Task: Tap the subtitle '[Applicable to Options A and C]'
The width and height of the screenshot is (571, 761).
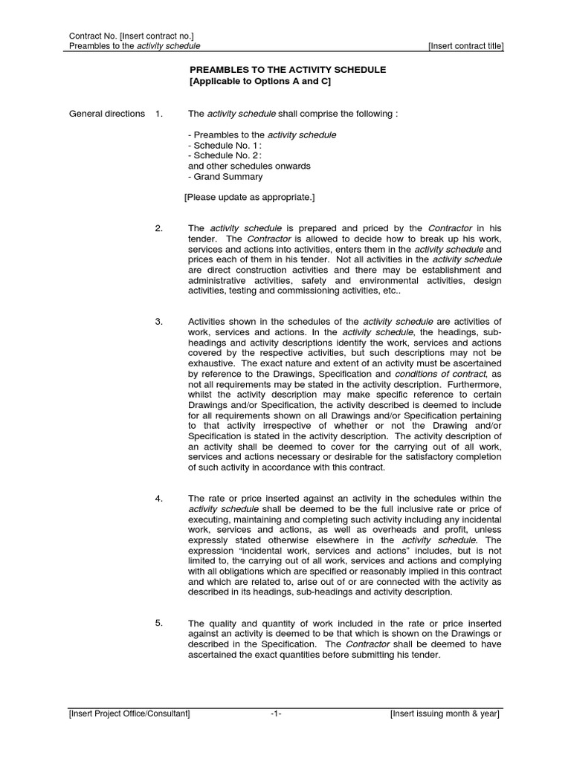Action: pyautogui.click(x=259, y=81)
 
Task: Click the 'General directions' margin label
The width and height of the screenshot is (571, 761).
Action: pyautogui.click(x=107, y=114)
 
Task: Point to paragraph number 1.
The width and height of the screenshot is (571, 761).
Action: pyautogui.click(x=158, y=114)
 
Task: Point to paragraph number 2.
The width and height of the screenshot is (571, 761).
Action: pyautogui.click(x=158, y=228)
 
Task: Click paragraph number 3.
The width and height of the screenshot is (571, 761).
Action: pyautogui.click(x=158, y=322)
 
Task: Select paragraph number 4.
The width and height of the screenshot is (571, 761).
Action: pyautogui.click(x=158, y=498)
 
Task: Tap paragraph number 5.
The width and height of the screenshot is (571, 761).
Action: pyautogui.click(x=158, y=623)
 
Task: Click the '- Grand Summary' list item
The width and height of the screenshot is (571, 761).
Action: pyautogui.click(x=225, y=177)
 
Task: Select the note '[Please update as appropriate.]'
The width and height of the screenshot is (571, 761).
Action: pyautogui.click(x=249, y=198)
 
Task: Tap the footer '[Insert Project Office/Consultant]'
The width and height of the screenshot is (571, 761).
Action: pyautogui.click(x=129, y=714)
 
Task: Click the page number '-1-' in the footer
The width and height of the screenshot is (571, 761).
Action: pyautogui.click(x=276, y=714)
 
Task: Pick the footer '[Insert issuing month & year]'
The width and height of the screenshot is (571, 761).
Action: pyautogui.click(x=445, y=714)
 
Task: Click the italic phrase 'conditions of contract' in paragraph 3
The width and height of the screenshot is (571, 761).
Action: pyautogui.click(x=441, y=374)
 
